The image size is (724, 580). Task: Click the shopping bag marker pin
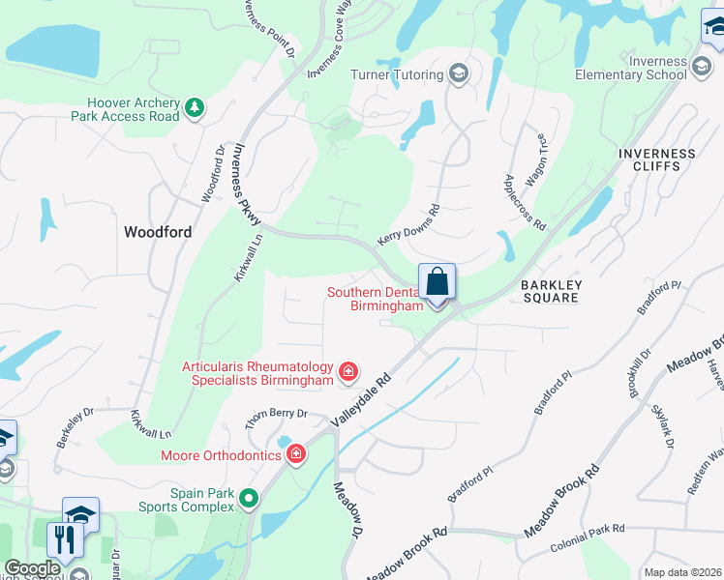tap(437, 283)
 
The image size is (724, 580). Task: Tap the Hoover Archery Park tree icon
tap(196, 106)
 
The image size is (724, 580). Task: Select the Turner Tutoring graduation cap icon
tap(459, 74)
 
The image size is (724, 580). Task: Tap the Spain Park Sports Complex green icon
tap(250, 499)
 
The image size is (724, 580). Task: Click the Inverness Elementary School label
tap(644, 68)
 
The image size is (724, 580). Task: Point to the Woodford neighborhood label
tap(158, 232)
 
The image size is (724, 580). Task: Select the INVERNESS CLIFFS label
tap(657, 159)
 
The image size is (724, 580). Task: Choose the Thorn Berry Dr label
tap(275, 419)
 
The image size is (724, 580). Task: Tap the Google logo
tap(31, 568)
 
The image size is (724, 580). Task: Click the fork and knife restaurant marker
tap(64, 538)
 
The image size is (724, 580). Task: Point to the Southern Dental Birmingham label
tap(376, 299)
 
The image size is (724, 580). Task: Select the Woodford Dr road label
tap(212, 173)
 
